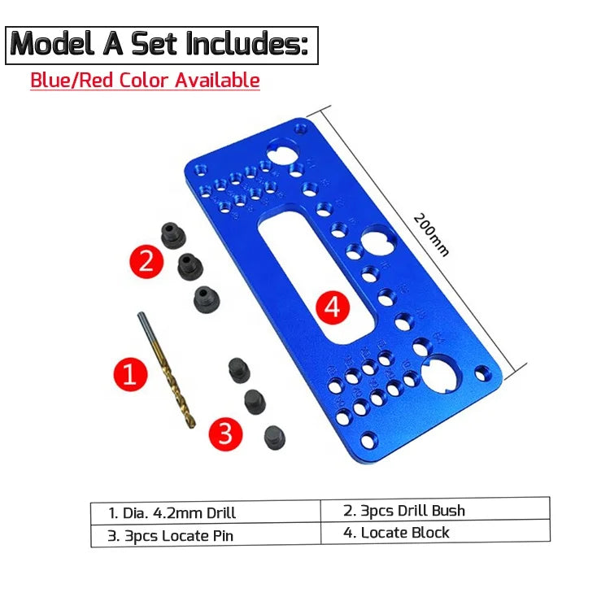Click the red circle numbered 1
(129, 375)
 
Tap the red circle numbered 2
(147, 261)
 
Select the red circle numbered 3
(226, 433)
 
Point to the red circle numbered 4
(331, 307)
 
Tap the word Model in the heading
(54, 44)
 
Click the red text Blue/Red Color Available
(145, 81)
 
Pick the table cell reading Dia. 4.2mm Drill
(205, 512)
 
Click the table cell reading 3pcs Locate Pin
(205, 536)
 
